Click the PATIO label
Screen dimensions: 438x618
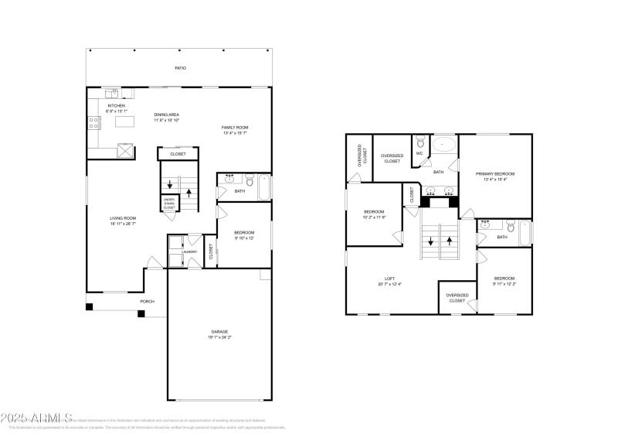tap(180, 68)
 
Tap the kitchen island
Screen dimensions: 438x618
tap(124, 121)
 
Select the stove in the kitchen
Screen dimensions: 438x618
tap(93, 121)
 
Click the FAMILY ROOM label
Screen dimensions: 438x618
tap(235, 128)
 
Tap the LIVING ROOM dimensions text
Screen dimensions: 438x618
tap(124, 224)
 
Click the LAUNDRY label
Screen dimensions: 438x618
tap(189, 252)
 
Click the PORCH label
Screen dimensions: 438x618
tap(147, 302)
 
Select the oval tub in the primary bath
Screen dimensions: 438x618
tap(443, 144)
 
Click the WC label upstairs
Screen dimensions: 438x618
tap(419, 153)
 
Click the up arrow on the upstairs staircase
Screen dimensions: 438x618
tap(450, 240)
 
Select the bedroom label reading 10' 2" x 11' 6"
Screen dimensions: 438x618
tap(374, 214)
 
